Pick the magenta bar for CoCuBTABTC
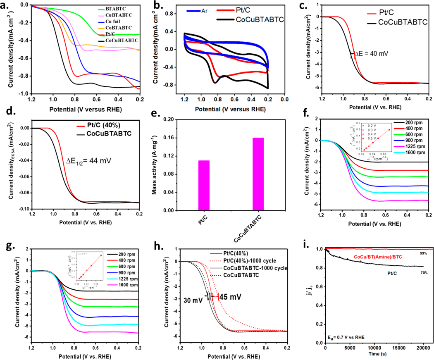point(255,174)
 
